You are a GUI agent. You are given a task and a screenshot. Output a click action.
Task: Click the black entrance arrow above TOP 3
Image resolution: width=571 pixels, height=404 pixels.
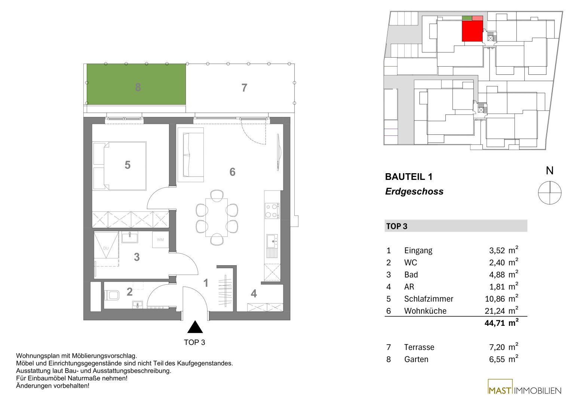195,327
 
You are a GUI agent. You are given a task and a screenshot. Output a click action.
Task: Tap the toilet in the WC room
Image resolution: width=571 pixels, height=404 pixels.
112,296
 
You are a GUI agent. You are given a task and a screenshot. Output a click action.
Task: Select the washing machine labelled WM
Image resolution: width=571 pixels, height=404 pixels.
160,239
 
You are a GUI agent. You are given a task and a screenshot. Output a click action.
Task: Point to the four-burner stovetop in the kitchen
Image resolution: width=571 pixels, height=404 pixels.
272,211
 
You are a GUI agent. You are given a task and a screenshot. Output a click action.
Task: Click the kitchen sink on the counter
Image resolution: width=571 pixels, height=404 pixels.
272,241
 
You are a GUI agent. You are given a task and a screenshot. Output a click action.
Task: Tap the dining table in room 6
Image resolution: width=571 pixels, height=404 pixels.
217,218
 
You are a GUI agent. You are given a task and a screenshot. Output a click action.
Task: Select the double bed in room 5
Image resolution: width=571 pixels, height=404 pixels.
120,166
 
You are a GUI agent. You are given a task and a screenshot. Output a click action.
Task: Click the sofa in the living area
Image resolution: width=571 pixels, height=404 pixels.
191,155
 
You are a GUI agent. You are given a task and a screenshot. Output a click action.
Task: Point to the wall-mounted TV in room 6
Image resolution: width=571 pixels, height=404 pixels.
279,152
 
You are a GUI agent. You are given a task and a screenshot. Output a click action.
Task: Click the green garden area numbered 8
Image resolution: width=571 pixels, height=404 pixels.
136,84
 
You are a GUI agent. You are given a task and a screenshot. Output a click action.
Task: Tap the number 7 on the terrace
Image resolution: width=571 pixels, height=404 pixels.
244,88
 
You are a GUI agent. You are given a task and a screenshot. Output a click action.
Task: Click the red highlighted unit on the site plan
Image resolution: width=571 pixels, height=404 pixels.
472,31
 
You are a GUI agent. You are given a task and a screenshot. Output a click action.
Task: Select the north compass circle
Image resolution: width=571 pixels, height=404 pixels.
550,193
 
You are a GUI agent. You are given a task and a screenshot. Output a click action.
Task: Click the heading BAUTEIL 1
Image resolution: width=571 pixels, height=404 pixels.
409,177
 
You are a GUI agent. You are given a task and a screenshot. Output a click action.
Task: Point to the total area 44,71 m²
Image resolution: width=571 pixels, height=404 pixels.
501,323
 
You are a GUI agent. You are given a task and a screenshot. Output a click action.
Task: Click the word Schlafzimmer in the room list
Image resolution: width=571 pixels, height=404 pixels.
429,299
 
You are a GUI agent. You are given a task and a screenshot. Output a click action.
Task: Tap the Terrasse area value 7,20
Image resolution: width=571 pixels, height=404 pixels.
497,347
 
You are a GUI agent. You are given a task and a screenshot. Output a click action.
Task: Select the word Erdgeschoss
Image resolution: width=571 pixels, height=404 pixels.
414,191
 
